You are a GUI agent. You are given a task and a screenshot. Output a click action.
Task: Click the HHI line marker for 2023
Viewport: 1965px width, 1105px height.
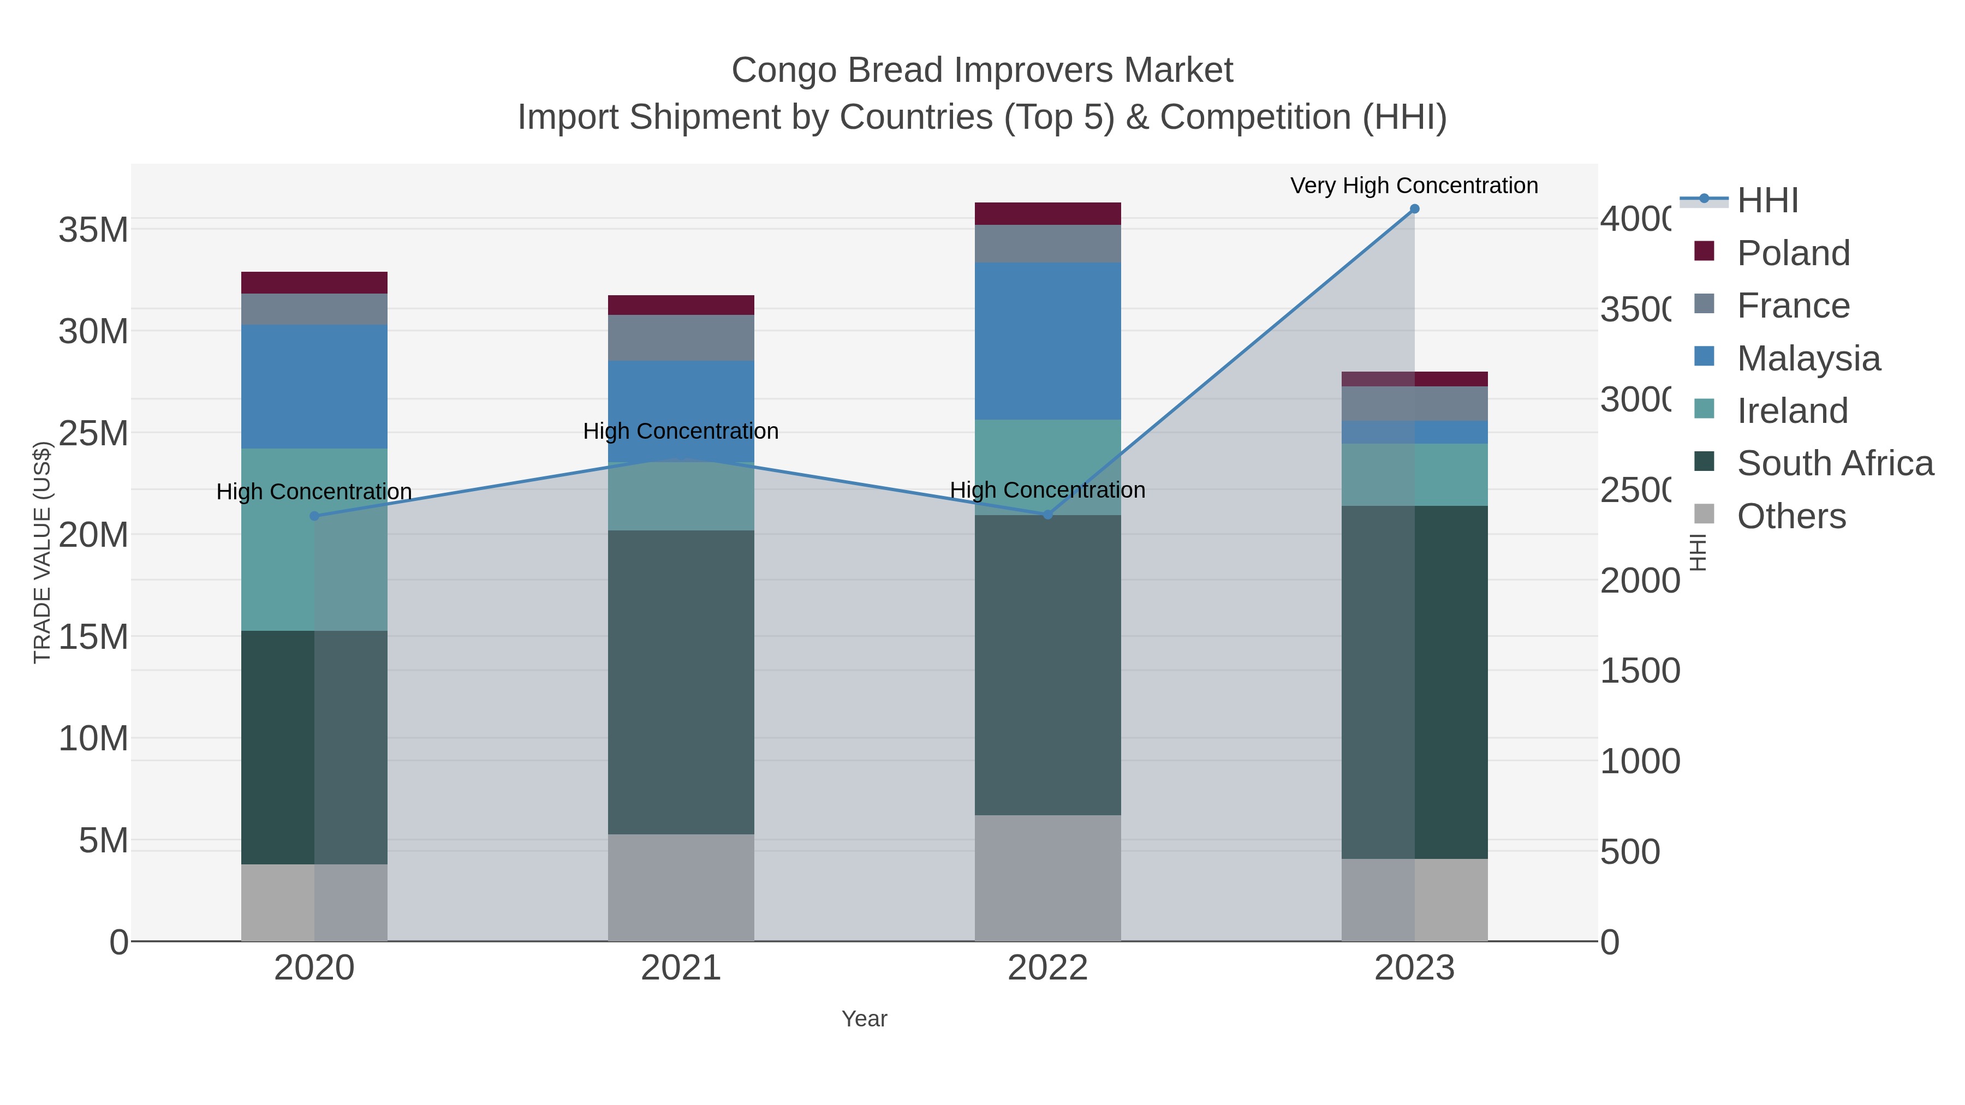(x=1414, y=209)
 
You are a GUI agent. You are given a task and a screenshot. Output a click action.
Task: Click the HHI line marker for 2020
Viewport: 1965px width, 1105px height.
(x=314, y=516)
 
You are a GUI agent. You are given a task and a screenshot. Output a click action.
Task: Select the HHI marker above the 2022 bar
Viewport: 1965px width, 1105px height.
(x=1047, y=515)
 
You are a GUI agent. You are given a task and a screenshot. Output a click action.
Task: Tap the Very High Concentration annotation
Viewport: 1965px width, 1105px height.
(x=1414, y=186)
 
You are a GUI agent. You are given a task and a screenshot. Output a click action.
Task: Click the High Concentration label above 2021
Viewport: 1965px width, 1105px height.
(x=681, y=431)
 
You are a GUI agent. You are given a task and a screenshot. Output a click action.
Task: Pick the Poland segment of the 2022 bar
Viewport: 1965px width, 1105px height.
(x=1047, y=213)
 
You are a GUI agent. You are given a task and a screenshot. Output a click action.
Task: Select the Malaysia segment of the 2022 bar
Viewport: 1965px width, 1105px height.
(x=1047, y=341)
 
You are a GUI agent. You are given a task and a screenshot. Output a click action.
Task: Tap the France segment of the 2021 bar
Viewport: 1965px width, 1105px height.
(x=681, y=338)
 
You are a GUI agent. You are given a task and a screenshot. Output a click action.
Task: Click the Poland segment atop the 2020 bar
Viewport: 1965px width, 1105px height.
(x=314, y=283)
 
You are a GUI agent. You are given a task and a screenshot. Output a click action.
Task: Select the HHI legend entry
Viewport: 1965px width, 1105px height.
(x=1767, y=201)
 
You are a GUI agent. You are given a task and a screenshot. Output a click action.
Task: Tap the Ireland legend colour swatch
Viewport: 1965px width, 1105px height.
(x=1704, y=409)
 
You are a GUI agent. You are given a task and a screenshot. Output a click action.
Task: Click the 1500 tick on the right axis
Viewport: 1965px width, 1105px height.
(x=1639, y=671)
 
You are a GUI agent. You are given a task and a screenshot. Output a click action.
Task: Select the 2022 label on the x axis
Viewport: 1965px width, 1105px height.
(x=1047, y=967)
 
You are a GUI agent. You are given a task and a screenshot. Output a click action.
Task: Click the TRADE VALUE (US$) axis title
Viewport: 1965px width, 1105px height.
(x=42, y=552)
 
